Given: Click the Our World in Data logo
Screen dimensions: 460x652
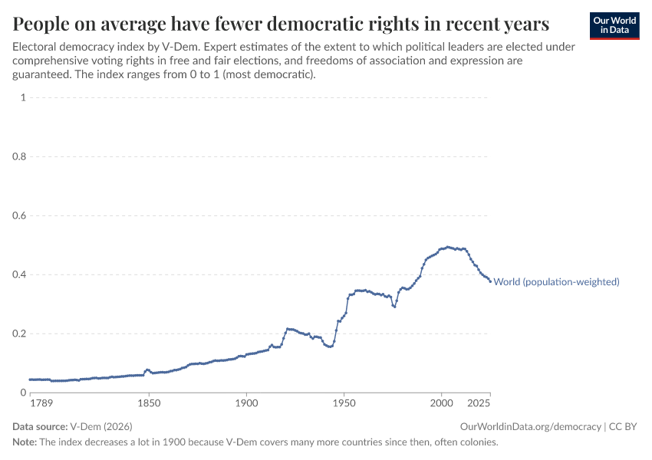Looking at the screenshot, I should [614, 25].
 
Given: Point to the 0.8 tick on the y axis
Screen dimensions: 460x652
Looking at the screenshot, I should [20, 156].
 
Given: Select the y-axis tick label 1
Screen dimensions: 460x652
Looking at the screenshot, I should [24, 97].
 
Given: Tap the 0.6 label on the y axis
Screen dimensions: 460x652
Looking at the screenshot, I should [20, 215].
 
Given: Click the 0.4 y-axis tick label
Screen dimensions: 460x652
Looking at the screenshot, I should [20, 274].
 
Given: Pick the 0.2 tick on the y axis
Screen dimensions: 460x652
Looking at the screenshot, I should [20, 333].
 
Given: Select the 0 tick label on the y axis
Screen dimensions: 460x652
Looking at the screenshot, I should [24, 393].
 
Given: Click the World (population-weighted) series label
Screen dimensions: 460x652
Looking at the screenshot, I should [556, 282].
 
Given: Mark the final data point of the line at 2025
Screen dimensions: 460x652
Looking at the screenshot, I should [490, 281].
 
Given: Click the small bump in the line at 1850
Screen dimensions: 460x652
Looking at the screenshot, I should [147, 370].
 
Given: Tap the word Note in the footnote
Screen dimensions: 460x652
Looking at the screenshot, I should [25, 442].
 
